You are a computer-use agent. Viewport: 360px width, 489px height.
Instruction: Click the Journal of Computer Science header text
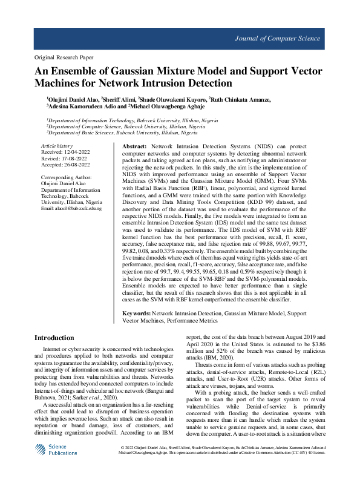coord(286,38)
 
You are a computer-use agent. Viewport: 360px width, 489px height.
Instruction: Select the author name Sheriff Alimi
coord(119,99)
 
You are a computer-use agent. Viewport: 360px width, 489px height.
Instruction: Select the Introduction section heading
coord(54,338)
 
